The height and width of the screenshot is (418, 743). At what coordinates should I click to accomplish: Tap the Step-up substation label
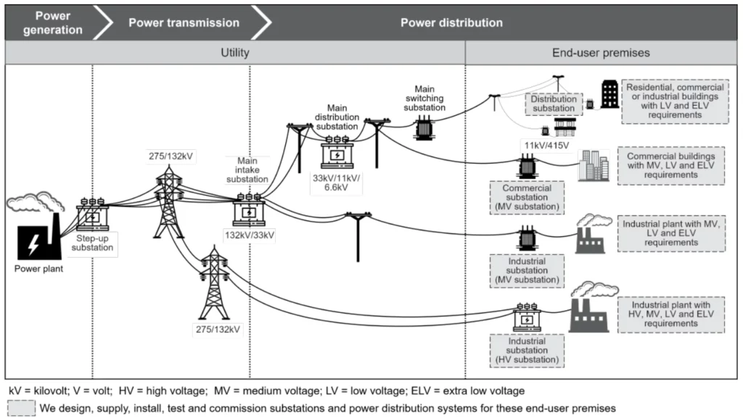tap(93, 243)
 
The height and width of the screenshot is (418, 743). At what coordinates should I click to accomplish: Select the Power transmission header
tap(184, 22)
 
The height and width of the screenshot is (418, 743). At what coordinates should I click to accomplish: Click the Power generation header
tap(48, 22)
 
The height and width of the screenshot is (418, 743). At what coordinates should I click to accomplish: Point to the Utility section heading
tap(235, 53)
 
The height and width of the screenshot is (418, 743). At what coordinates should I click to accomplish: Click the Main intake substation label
tap(248, 170)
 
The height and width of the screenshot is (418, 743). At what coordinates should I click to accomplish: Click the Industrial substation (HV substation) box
tap(527, 351)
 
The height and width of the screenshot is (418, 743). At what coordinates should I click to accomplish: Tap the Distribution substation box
tap(553, 104)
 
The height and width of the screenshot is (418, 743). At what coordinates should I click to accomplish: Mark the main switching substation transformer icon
tap(424, 129)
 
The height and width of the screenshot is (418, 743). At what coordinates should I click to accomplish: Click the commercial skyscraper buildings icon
tap(594, 165)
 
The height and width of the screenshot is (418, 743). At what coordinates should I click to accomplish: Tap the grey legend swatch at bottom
tap(21, 408)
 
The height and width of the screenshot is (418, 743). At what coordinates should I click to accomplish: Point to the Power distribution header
tap(451, 22)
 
